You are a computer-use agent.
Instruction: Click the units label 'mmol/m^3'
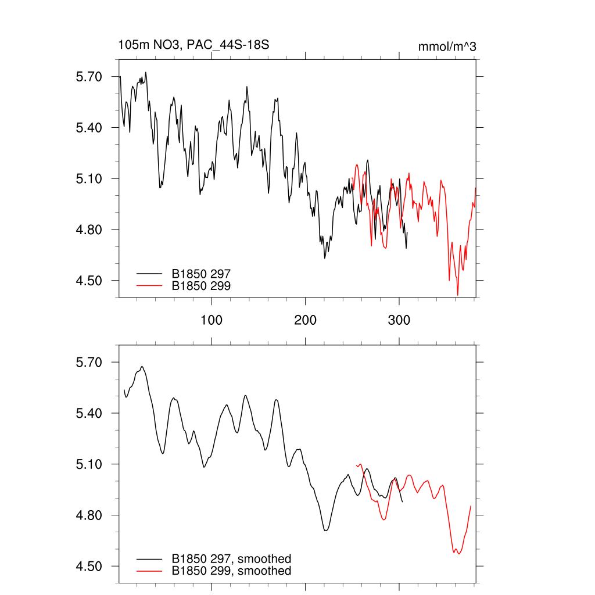[447, 46]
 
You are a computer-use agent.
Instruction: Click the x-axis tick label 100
[212, 320]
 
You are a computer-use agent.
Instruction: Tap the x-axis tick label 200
[306, 320]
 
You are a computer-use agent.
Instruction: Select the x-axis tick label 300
[399, 320]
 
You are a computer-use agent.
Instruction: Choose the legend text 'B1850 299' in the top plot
[201, 285]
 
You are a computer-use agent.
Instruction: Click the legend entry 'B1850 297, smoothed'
[231, 559]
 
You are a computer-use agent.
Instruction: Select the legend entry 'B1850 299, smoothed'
[231, 571]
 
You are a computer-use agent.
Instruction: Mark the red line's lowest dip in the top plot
[458, 295]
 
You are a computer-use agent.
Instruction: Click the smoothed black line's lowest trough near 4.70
[325, 531]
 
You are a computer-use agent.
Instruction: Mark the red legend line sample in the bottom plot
[149, 571]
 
